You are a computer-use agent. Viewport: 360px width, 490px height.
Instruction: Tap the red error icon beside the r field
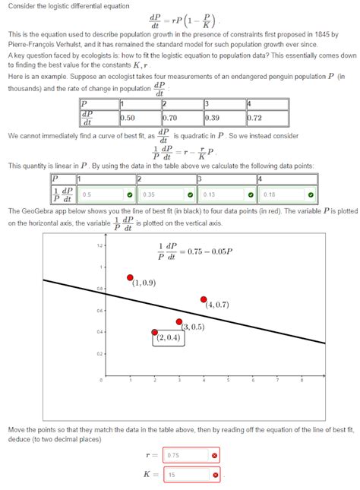pyautogui.click(x=215, y=456)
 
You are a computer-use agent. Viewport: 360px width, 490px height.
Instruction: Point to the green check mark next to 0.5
pyautogui.click(x=130, y=194)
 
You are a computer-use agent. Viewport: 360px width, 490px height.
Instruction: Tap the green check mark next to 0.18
pyautogui.click(x=311, y=194)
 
